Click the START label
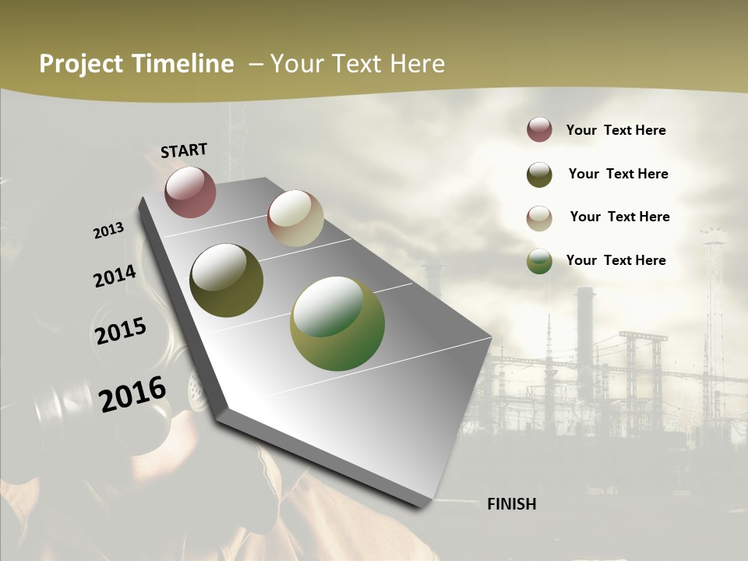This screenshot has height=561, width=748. [x=184, y=150]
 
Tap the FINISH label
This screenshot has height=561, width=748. [x=511, y=504]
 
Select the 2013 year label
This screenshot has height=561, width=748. [x=109, y=230]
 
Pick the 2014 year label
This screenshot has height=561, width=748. [x=115, y=276]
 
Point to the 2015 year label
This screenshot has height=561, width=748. [x=121, y=330]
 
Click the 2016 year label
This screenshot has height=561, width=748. [x=132, y=393]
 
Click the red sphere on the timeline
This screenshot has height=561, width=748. [x=191, y=192]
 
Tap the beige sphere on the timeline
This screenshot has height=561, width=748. [x=295, y=218]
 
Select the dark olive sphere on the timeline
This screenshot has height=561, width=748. [x=227, y=280]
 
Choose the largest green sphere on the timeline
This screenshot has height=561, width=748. [x=337, y=323]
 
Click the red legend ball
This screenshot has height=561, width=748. [x=539, y=129]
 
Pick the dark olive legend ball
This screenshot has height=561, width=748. [x=539, y=175]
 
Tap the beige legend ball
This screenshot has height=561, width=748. [x=539, y=217]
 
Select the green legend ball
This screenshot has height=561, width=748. [x=539, y=261]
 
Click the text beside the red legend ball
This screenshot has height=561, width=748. [x=616, y=130]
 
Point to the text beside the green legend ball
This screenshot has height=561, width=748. [x=616, y=260]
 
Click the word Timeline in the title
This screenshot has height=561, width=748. [x=183, y=64]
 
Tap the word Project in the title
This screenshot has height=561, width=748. [x=80, y=64]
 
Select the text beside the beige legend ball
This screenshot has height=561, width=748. [x=619, y=217]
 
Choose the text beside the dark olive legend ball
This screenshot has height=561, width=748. [x=618, y=174]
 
